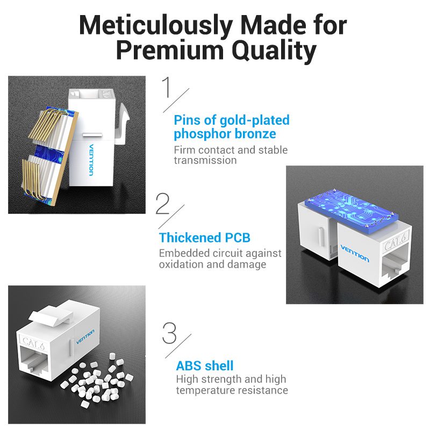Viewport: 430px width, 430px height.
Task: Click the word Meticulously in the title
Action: [156, 25]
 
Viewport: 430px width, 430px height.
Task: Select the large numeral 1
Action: [167, 87]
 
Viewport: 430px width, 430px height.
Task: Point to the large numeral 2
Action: [162, 204]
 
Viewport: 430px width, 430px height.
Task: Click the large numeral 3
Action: [169, 333]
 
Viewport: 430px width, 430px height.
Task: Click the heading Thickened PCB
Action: [205, 238]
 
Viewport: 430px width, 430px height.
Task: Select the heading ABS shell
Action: [205, 366]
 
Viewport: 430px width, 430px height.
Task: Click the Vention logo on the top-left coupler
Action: [91, 160]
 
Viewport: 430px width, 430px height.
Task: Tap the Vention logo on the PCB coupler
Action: [355, 254]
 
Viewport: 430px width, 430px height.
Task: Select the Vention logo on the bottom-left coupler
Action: [85, 337]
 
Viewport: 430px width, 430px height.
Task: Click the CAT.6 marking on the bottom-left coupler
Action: [33, 343]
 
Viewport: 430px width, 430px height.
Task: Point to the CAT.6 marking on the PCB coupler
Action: [395, 241]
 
